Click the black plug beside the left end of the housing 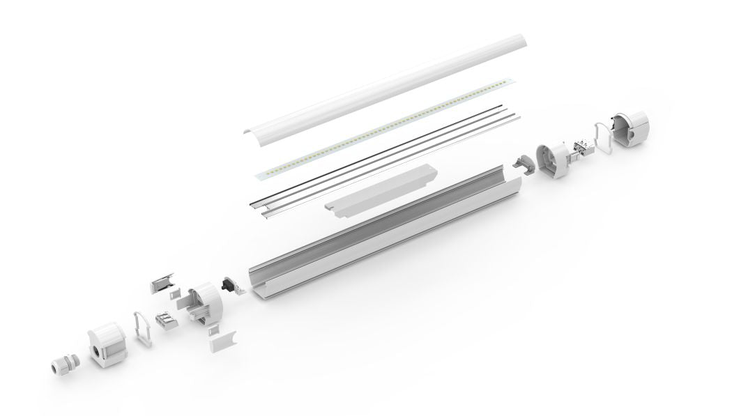coord(227,285)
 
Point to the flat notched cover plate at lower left coord(223,341)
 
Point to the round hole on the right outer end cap coord(639,132)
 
